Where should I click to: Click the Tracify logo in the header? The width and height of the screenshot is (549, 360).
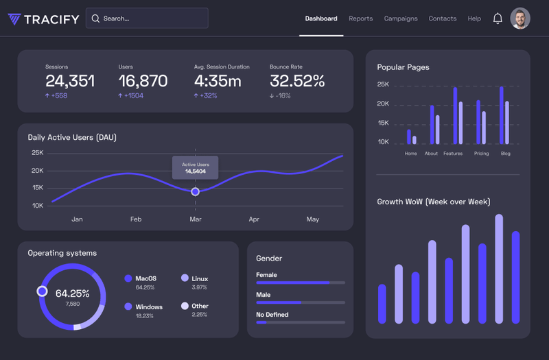pyautogui.click(x=43, y=19)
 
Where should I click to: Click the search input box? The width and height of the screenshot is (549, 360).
pyautogui.click(x=147, y=19)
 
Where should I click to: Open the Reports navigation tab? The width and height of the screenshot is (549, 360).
pyautogui.click(x=360, y=19)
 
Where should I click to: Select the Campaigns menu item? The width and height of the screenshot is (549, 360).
pyautogui.click(x=401, y=19)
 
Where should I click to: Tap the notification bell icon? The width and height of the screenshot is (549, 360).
pyautogui.click(x=498, y=19)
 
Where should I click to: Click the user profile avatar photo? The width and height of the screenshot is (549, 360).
pyautogui.click(x=520, y=19)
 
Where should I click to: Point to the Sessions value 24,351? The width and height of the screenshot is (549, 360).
pyautogui.click(x=70, y=81)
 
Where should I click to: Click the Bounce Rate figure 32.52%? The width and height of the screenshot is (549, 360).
pyautogui.click(x=297, y=81)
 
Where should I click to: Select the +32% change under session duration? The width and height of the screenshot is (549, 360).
pyautogui.click(x=206, y=96)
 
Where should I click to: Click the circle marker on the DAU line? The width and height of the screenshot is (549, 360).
pyautogui.click(x=196, y=191)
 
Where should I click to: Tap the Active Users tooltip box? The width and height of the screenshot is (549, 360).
pyautogui.click(x=196, y=168)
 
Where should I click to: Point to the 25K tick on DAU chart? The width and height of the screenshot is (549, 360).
pyautogui.click(x=37, y=153)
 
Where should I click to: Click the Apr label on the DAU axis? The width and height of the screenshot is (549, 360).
pyautogui.click(x=254, y=219)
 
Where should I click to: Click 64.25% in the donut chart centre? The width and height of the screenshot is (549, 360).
pyautogui.click(x=72, y=293)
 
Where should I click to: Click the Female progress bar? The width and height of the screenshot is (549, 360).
pyautogui.click(x=300, y=283)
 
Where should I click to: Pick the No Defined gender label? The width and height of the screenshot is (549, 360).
pyautogui.click(x=272, y=315)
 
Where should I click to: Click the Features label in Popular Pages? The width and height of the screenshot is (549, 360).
pyautogui.click(x=453, y=154)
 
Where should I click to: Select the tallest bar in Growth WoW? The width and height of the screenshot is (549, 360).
pyautogui.click(x=499, y=269)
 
